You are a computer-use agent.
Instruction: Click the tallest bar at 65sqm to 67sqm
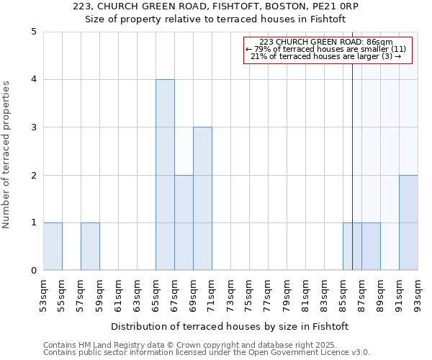165,175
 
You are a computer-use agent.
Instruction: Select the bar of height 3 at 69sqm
202,199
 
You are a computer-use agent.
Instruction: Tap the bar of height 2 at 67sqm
184,222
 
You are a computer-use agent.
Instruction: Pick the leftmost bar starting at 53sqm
53,246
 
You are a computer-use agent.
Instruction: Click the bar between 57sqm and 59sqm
90,246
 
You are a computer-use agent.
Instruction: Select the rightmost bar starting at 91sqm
408,222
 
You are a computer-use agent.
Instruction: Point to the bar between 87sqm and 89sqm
371,246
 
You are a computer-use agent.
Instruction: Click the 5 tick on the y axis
33,32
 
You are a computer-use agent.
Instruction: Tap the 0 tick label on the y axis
33,271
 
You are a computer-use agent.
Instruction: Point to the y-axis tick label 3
33,127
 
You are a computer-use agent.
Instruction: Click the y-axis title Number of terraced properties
6,155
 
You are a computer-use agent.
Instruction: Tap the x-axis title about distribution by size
230,326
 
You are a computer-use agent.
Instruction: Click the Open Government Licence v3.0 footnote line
207,353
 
